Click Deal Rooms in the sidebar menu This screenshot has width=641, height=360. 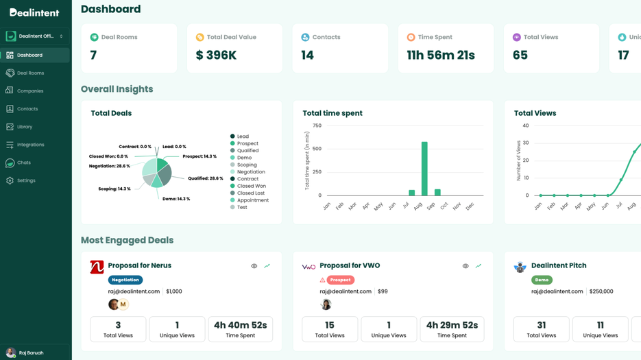point(30,73)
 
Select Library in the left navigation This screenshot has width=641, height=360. point(25,127)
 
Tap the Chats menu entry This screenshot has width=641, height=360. point(24,163)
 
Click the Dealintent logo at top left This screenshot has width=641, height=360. point(34,12)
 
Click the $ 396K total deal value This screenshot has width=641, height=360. point(216,56)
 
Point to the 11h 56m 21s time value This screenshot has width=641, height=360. point(440,56)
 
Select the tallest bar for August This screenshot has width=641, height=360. point(424,169)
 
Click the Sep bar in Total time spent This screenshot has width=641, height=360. point(437,193)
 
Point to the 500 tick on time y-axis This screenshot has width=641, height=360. point(316,149)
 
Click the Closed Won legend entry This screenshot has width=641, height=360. point(251,186)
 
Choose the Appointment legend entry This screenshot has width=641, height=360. point(252,200)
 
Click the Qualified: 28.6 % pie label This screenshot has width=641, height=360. point(205,178)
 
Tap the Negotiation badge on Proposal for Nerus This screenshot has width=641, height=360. point(125,280)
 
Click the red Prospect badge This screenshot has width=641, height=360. point(340,280)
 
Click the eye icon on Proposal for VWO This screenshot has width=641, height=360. point(465,266)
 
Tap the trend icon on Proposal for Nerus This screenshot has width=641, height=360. point(267,266)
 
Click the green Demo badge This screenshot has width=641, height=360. point(542,280)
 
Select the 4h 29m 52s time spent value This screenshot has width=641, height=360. point(452,326)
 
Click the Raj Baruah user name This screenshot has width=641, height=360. point(31,353)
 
